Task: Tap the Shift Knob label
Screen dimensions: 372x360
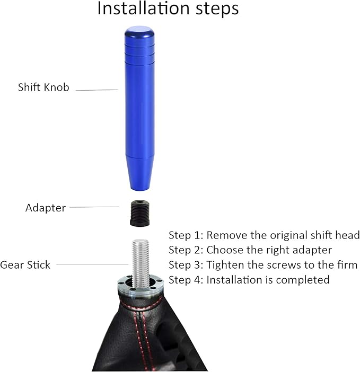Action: [x=43, y=88]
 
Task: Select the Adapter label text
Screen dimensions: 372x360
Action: [x=46, y=208]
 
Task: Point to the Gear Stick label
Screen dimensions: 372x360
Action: [x=25, y=265]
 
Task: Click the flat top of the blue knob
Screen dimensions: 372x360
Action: [x=139, y=30]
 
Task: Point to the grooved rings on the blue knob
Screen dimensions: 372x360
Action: [x=139, y=56]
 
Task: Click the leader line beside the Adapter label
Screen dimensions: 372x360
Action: [x=94, y=207]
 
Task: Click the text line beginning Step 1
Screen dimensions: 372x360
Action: [x=264, y=235]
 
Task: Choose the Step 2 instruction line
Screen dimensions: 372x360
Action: [x=250, y=250]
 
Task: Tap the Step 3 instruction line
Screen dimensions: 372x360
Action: [x=263, y=264]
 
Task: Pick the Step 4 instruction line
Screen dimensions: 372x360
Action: [x=249, y=279]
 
